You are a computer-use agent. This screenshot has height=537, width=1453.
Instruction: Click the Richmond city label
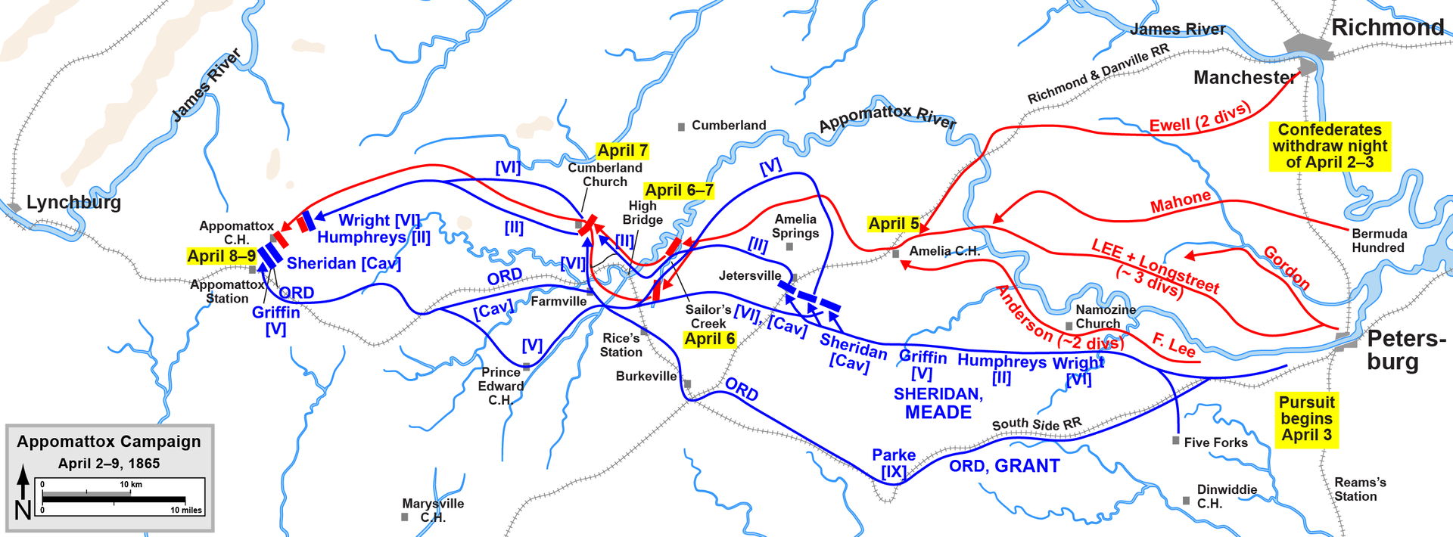coord(1387,28)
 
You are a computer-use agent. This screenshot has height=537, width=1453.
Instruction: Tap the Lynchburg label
coord(73,203)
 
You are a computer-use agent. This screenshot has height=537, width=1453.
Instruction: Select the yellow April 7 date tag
coord(622,151)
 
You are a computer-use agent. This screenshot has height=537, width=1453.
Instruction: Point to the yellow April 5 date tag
coord(894,224)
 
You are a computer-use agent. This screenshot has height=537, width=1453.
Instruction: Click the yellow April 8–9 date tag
coord(221,256)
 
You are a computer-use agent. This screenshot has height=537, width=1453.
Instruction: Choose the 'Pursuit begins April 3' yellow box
coord(1306,419)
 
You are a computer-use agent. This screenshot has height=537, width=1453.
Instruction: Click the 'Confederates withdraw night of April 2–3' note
coord(1330,146)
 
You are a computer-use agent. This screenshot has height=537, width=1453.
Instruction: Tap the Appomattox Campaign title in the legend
coord(109,442)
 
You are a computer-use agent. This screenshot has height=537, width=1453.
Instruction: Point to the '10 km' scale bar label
coord(131,484)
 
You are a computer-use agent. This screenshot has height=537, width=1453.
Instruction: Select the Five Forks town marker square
coord(1175,440)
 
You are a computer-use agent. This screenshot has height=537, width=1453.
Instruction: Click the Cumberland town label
coord(728,126)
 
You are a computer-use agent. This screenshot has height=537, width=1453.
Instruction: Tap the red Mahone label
coord(1181,202)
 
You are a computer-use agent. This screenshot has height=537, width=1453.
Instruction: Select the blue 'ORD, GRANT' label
coord(1004,466)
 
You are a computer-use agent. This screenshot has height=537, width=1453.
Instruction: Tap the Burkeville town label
coord(646,377)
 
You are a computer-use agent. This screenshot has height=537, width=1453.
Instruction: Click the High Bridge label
coord(642,213)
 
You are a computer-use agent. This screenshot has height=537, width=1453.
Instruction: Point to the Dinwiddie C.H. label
coord(1226,496)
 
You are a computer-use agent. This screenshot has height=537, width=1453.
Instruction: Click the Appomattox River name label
coord(887,117)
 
